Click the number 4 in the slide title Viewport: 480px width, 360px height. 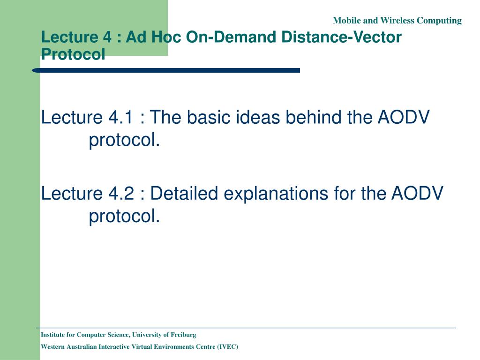[107, 37]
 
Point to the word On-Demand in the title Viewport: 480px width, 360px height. [231, 37]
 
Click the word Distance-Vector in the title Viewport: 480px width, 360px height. [341, 37]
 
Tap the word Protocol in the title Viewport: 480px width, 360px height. [73, 54]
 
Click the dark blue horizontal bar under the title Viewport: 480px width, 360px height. [166, 70]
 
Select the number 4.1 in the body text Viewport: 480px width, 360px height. [121, 117]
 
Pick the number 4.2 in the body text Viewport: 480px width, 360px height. [121, 194]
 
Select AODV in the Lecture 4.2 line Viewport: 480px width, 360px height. [417, 194]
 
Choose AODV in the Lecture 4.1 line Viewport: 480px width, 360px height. [404, 117]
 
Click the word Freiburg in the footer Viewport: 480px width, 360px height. [183, 335]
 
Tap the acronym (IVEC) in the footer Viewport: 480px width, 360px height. [227, 347]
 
